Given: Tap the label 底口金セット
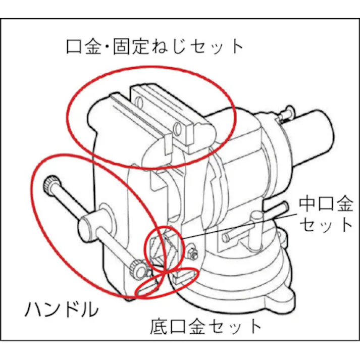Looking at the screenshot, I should [x=206, y=327].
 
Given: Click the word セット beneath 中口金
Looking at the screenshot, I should [x=326, y=224].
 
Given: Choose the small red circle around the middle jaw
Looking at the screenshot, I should [x=163, y=247].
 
